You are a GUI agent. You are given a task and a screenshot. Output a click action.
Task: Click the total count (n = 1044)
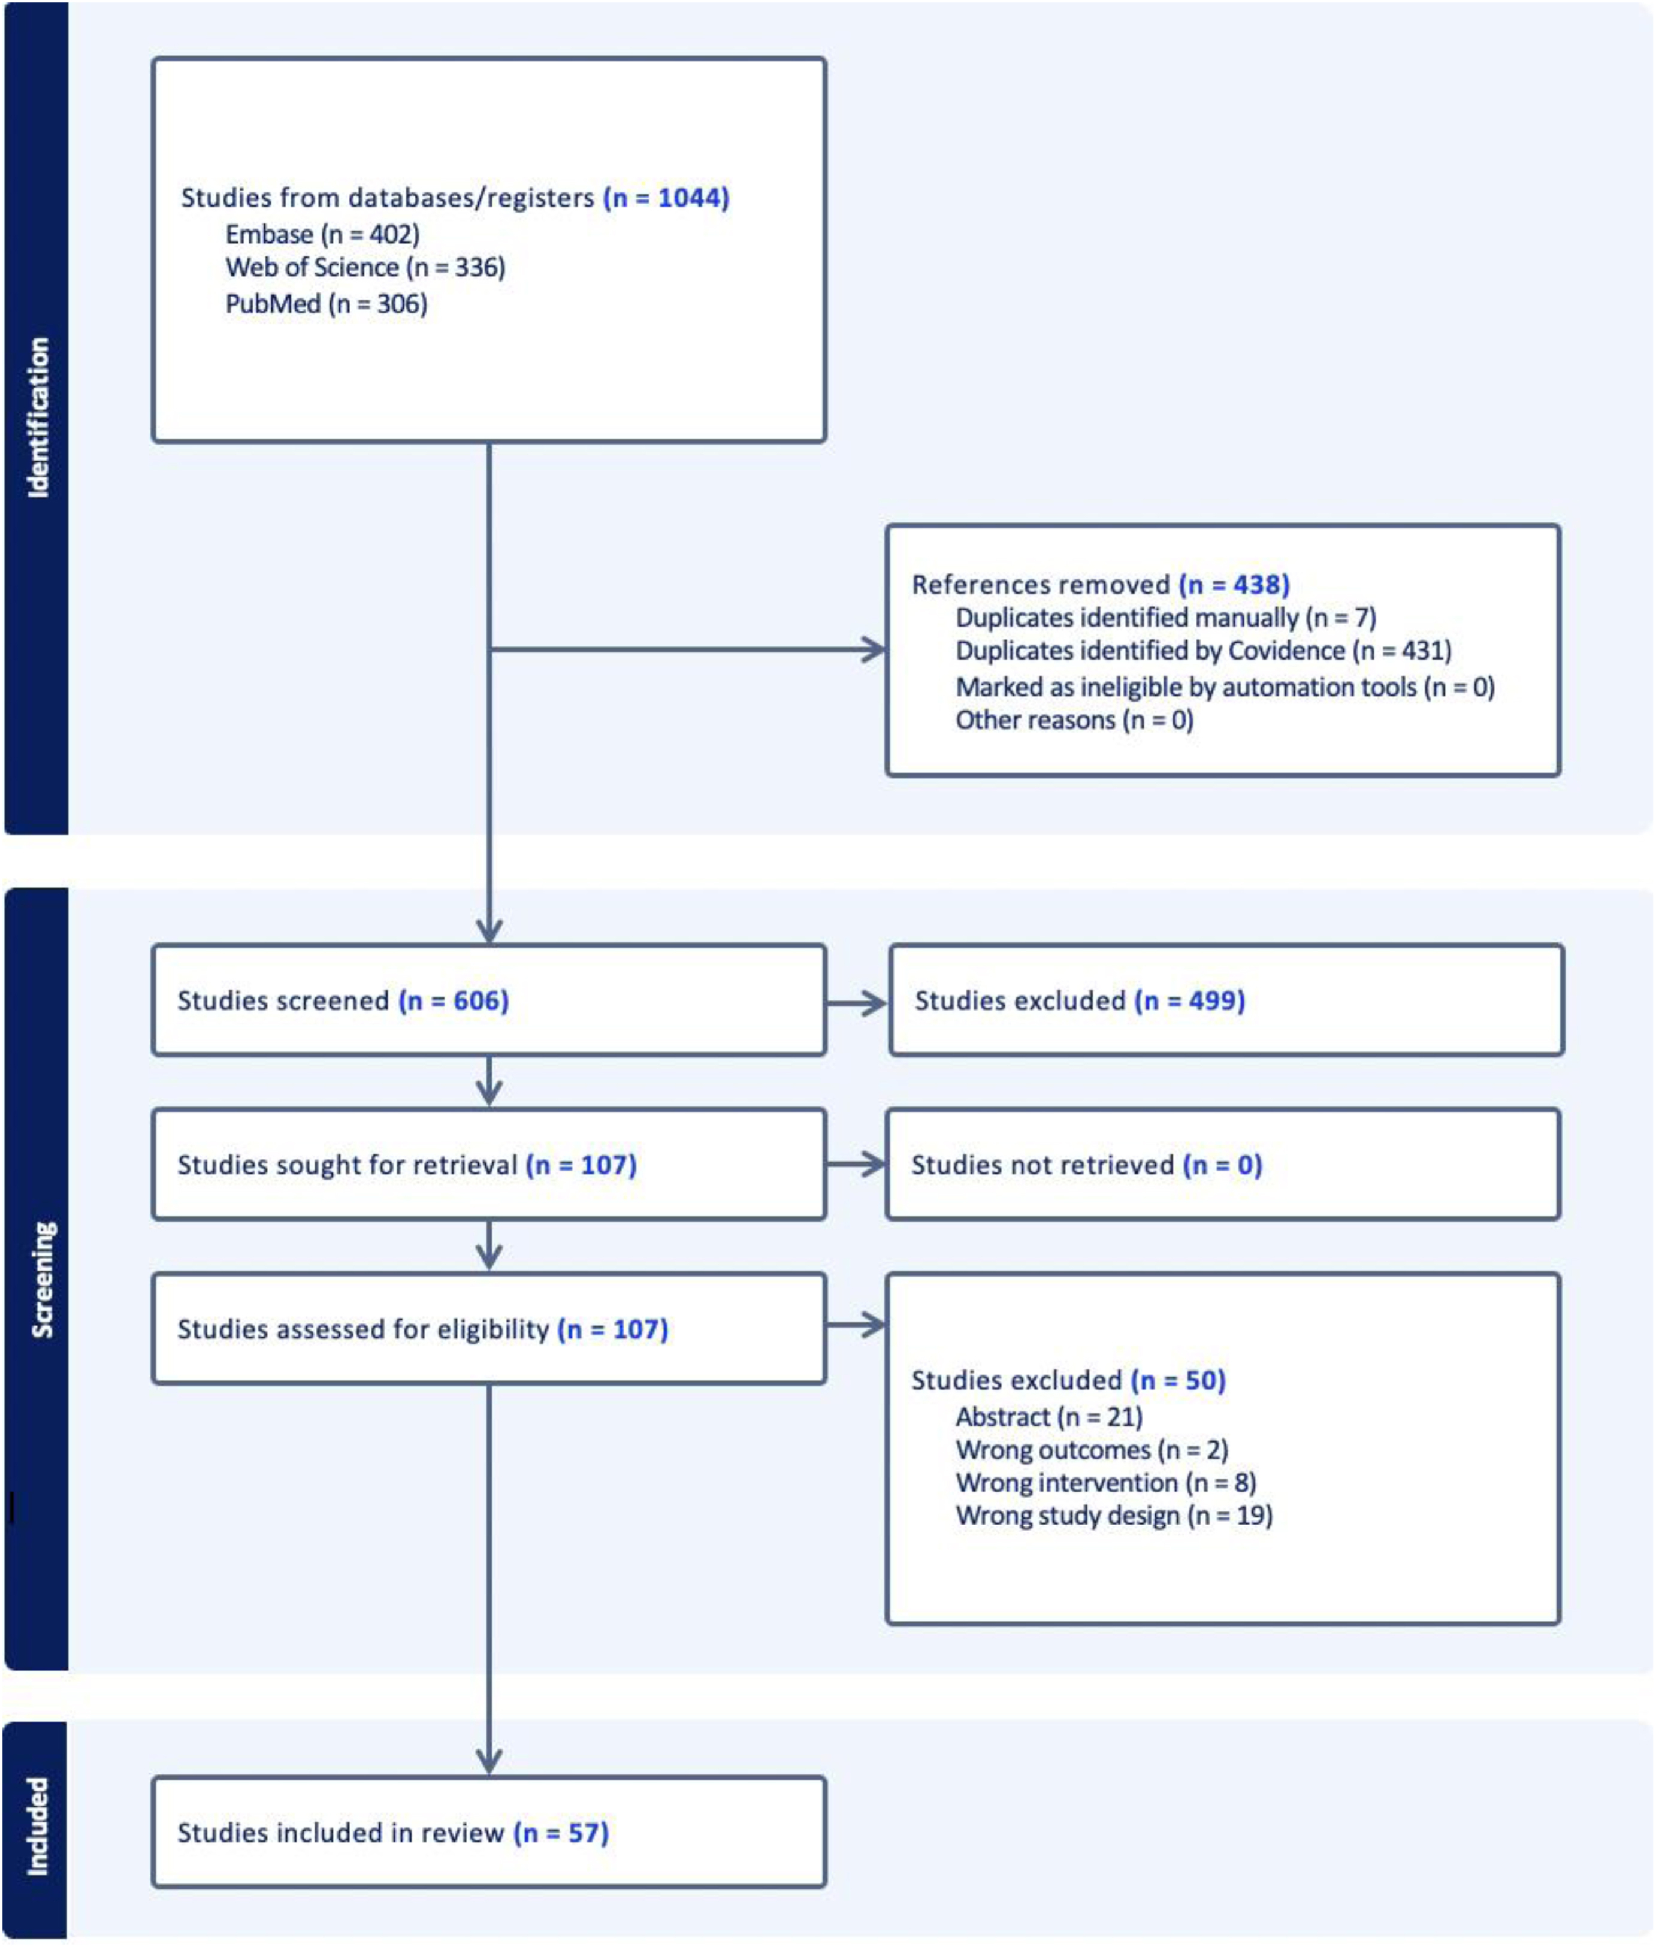[666, 198]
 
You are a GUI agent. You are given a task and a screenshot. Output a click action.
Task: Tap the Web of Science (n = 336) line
[365, 268]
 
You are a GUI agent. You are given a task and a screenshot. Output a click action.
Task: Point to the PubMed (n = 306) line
[326, 303]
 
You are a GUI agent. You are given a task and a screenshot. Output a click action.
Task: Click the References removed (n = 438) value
[1234, 585]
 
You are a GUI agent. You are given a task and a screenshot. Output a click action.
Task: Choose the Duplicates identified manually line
[1166, 618]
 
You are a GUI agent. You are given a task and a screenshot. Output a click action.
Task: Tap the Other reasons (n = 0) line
[1074, 720]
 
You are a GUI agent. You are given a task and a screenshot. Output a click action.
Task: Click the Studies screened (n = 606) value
[454, 1000]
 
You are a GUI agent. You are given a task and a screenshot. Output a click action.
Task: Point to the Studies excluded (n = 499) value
[1189, 1000]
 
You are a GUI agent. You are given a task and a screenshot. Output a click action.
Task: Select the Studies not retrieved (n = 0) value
[1222, 1165]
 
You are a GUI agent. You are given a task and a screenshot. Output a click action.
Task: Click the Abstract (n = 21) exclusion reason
[1048, 1417]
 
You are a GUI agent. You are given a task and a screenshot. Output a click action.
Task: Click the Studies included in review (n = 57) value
[560, 1833]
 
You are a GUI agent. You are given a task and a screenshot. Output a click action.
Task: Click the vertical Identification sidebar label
[38, 418]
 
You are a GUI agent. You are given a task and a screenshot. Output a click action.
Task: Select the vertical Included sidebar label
[37, 1827]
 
